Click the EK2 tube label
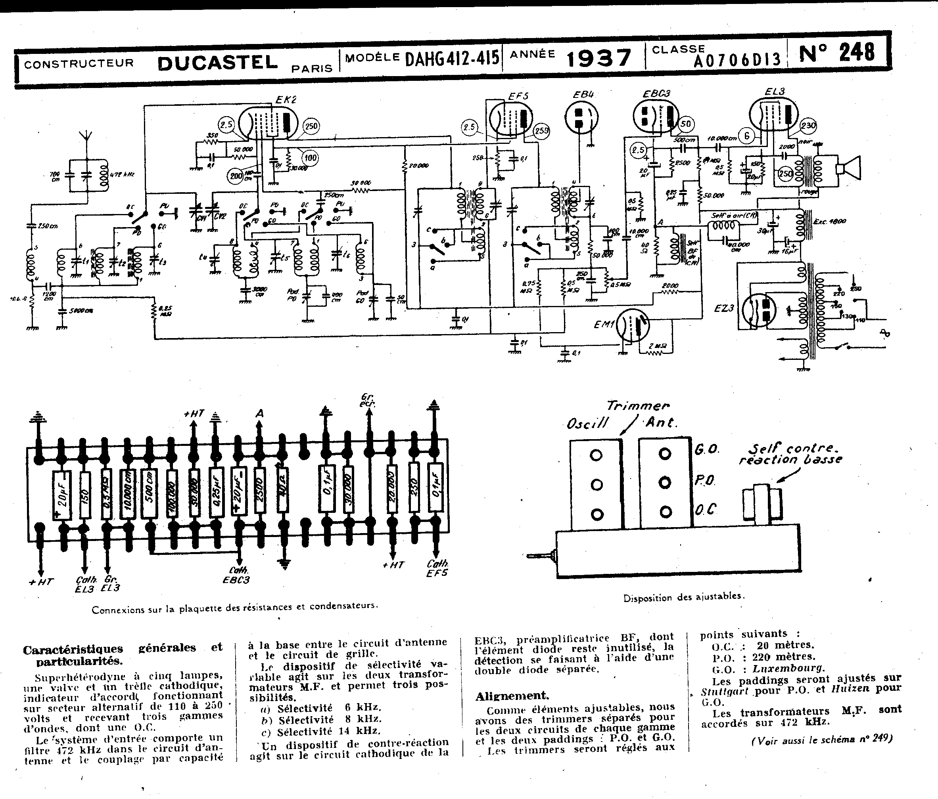286,99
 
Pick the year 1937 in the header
598,58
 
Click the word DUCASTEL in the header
217,63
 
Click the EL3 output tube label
775,92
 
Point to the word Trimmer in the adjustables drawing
637,406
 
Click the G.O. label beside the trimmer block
706,450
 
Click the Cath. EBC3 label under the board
237,575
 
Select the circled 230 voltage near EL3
809,126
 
